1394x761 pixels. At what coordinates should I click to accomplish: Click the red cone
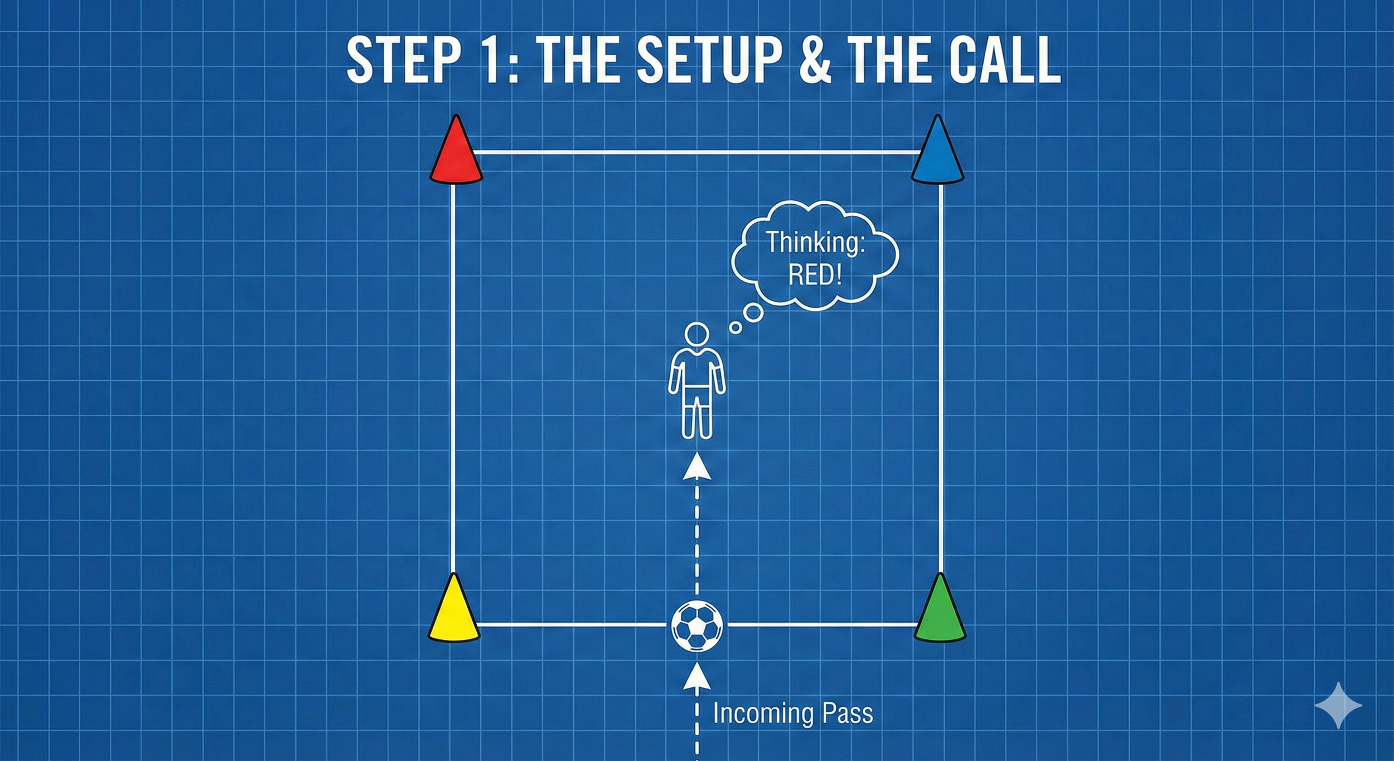456,153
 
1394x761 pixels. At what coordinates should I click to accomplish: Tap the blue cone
937,153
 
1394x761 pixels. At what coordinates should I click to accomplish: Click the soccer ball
697,625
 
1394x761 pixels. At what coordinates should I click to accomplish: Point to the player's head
697,335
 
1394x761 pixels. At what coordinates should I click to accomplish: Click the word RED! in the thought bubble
815,275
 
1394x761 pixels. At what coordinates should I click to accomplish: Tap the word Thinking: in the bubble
815,242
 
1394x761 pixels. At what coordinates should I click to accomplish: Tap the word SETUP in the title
707,60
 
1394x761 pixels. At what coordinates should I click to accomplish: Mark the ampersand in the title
815,60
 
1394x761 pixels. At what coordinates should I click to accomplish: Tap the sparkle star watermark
1338,705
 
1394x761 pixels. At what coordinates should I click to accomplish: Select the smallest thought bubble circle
735,327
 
